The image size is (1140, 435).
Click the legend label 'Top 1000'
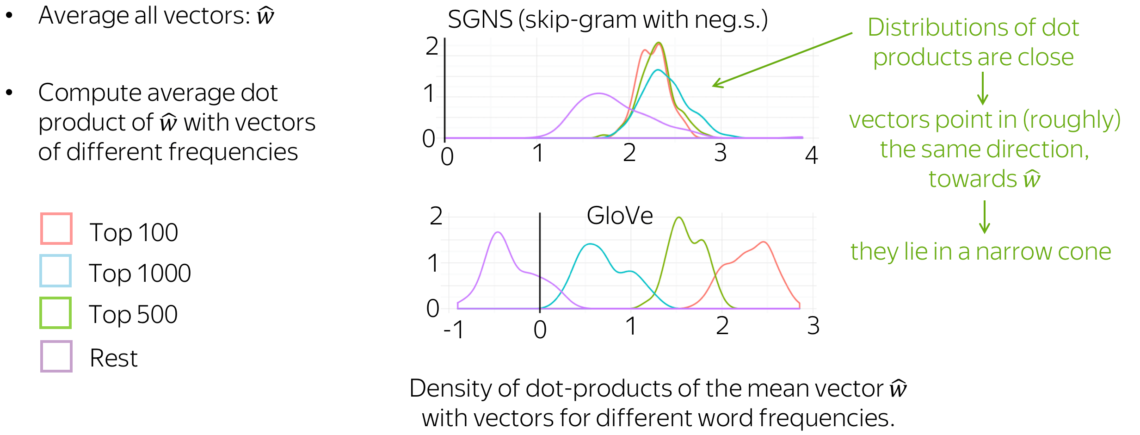[140, 273]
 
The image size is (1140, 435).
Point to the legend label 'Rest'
[114, 358]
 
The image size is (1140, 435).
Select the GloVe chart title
[620, 216]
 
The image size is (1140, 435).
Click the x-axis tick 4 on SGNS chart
[812, 155]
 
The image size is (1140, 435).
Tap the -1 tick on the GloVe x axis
[454, 330]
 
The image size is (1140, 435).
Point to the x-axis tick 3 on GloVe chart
[813, 326]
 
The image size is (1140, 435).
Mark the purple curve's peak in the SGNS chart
[599, 93]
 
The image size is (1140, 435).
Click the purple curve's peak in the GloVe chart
[498, 232]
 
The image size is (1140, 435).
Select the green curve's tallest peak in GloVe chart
[678, 217]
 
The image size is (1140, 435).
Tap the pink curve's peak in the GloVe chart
[764, 242]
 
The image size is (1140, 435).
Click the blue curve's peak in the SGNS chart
[657, 70]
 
